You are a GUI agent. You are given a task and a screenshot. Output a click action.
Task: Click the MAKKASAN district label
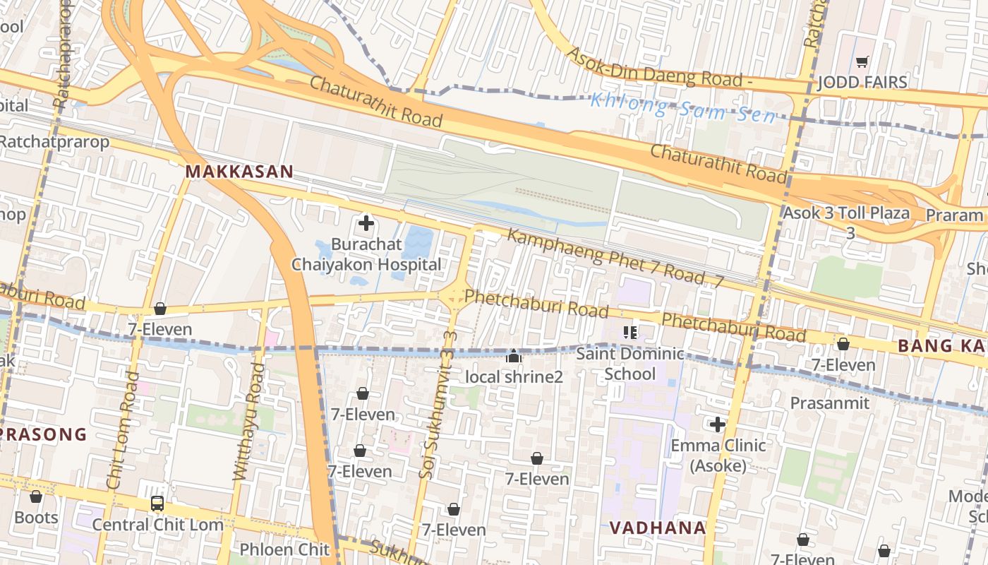239,172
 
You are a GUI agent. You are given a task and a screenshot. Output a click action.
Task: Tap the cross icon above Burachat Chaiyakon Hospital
366,224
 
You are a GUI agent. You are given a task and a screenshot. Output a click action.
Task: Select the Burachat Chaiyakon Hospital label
366,255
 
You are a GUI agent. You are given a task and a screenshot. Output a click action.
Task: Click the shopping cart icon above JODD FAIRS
861,62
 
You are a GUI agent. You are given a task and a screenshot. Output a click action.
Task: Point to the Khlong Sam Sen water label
682,107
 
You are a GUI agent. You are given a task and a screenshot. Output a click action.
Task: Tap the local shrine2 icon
514,356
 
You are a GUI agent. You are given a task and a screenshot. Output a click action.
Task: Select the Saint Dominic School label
630,364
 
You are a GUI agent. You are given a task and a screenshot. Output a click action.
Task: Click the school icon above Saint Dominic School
630,332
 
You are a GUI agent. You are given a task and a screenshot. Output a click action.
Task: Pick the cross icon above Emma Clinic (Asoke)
718,424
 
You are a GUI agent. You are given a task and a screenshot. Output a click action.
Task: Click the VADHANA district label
657,528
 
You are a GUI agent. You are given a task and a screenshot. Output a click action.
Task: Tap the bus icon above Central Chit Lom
157,504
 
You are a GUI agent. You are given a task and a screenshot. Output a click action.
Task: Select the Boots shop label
36,518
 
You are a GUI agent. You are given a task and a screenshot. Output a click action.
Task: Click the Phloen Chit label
284,549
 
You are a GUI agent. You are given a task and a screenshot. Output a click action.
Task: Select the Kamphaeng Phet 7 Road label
615,258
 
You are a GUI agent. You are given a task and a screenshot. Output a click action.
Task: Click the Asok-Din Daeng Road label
660,69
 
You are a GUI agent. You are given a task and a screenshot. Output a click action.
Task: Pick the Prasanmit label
829,403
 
